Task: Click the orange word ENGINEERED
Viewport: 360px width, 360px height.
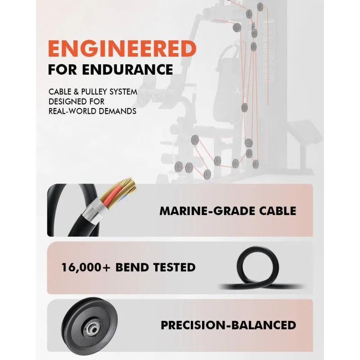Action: [122, 49]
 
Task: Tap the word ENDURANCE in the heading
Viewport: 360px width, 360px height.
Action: [127, 70]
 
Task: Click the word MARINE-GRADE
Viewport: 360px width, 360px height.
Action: [207, 211]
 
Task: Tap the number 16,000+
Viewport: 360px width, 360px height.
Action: [86, 268]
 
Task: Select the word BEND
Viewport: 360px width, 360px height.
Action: [132, 267]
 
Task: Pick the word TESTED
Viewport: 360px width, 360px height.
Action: [174, 267]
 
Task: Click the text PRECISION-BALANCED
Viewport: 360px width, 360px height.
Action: [229, 325]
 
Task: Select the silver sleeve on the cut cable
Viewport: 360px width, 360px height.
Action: [94, 211]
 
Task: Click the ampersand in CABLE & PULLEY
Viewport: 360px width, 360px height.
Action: [76, 92]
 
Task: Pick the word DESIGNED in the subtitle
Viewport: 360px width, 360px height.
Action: [66, 102]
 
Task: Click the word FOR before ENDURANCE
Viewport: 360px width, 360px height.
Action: [63, 70]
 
